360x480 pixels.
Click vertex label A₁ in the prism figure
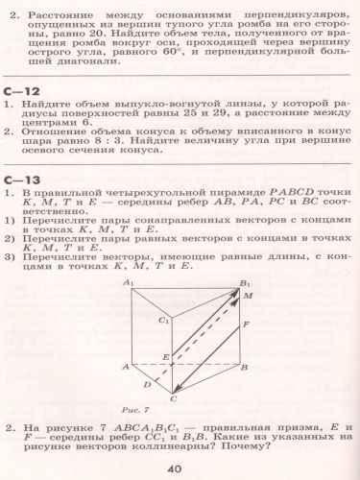pos(128,282)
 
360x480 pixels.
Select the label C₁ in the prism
pos(164,319)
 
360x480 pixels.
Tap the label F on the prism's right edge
pos(247,324)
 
